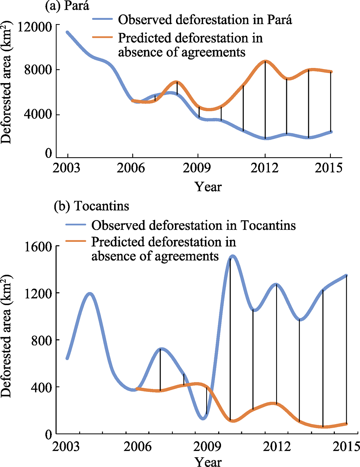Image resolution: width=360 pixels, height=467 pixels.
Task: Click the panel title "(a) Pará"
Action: click(x=67, y=6)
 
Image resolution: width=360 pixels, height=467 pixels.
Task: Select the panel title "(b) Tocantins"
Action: click(x=91, y=206)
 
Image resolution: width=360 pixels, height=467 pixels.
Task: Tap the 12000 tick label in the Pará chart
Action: click(x=35, y=27)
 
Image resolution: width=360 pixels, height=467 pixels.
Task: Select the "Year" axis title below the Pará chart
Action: click(x=208, y=187)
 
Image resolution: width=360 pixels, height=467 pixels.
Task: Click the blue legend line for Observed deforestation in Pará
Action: click(x=103, y=19)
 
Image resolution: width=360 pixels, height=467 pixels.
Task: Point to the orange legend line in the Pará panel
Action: click(x=103, y=37)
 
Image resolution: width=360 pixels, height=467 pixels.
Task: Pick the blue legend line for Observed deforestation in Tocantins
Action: click(x=76, y=225)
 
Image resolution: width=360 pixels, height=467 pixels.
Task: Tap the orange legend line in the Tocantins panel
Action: click(x=76, y=241)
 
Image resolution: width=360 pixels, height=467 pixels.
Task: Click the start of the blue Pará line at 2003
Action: click(x=68, y=32)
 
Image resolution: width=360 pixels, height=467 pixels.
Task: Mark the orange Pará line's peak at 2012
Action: click(x=265, y=62)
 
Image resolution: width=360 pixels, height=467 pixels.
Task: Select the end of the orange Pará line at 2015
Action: click(x=331, y=72)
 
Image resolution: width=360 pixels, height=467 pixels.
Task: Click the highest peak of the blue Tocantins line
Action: click(x=233, y=256)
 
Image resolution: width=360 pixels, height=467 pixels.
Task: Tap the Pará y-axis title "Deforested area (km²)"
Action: click(x=6, y=82)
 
